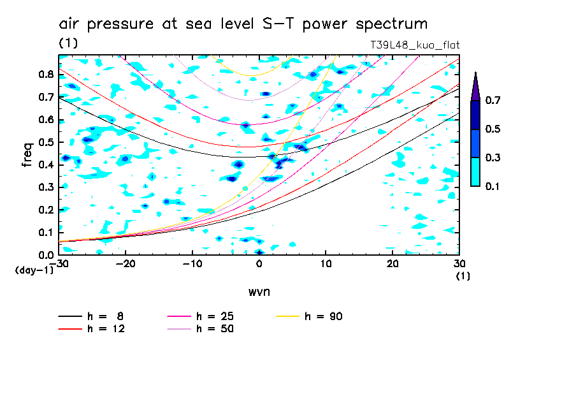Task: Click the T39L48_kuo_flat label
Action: pos(415,45)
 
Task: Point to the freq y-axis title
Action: pos(27,155)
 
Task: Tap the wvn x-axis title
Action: pos(259,291)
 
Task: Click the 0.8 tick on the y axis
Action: pos(45,74)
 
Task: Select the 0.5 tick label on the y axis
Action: pos(45,142)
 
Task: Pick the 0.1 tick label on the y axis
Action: pos(45,233)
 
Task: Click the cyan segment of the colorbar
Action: pos(475,172)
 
